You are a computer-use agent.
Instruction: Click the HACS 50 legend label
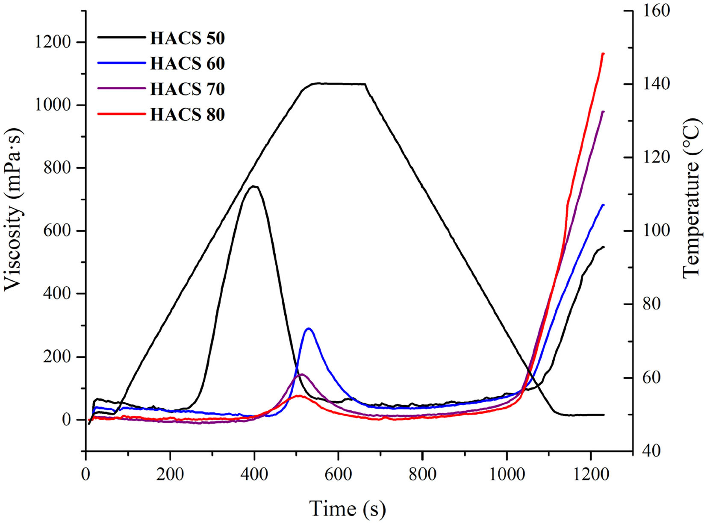click(x=187, y=38)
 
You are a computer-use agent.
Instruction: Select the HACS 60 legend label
click(x=187, y=64)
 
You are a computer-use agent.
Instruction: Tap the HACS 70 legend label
click(x=187, y=89)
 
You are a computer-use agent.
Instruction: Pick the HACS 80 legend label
click(x=187, y=115)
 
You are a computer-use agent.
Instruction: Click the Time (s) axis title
click(x=348, y=509)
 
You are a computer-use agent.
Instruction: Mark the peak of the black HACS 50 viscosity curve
click(x=254, y=186)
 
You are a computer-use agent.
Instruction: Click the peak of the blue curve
click(x=308, y=328)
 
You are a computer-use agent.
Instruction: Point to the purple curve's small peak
click(x=301, y=374)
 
